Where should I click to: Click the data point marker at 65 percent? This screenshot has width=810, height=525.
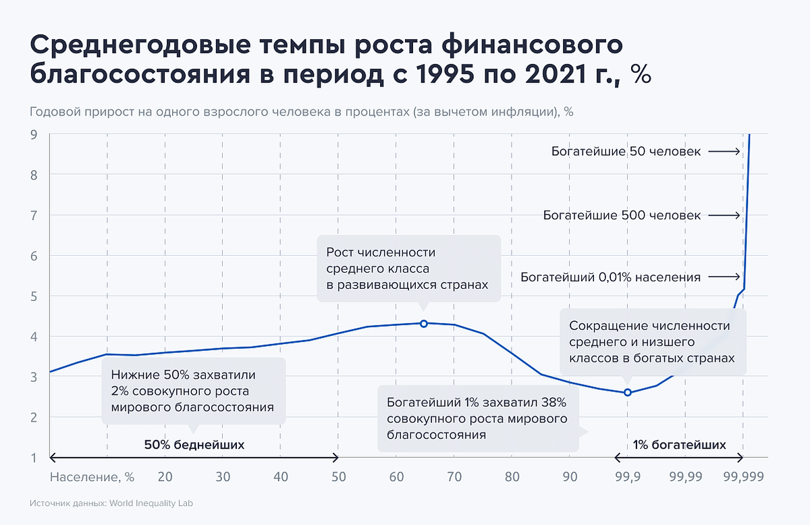click(x=424, y=324)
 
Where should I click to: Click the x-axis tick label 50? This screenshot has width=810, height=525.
click(x=338, y=476)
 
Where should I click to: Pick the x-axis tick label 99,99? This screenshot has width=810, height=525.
click(x=685, y=476)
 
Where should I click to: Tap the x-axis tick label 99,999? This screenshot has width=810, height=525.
click(x=742, y=476)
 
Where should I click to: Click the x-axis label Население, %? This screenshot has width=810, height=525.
click(x=92, y=476)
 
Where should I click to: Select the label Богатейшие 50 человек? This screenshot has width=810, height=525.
click(x=626, y=152)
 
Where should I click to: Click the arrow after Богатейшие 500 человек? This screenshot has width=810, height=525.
click(x=726, y=216)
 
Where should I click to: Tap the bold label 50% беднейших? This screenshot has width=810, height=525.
click(x=194, y=445)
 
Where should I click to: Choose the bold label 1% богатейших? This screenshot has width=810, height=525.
click(x=679, y=445)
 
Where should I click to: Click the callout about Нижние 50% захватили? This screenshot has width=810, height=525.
click(x=194, y=391)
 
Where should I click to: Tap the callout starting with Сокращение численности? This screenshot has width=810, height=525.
click(x=652, y=342)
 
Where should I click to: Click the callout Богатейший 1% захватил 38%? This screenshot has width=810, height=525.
click(x=477, y=419)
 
